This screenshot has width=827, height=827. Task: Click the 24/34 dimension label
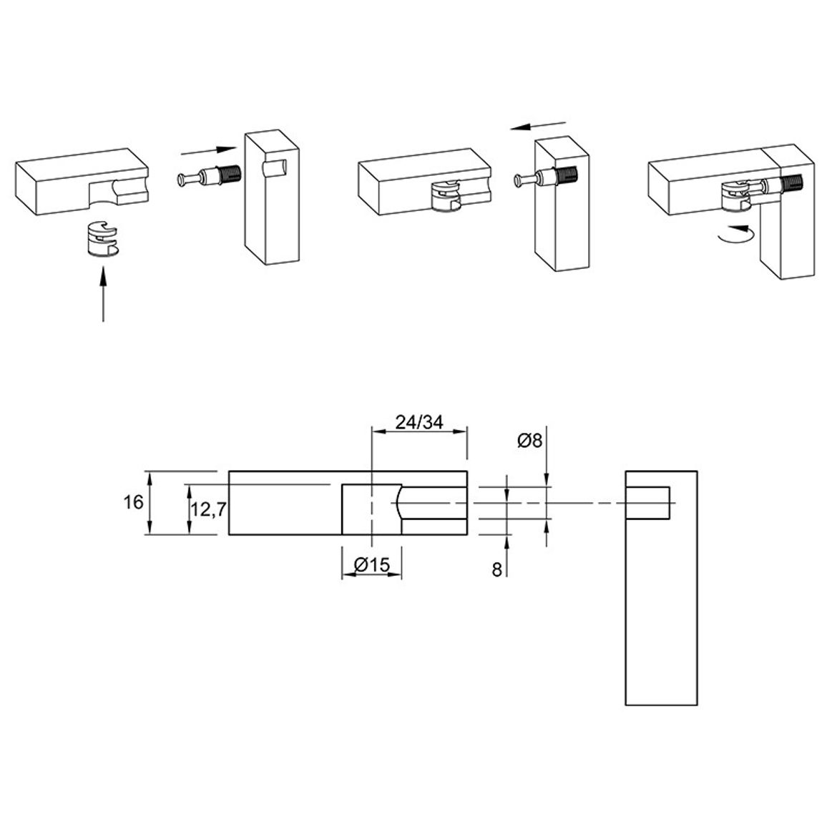pyautogui.click(x=419, y=422)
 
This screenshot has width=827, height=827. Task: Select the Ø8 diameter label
pyautogui.click(x=529, y=441)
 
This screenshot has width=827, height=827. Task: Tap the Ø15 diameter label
pyautogui.click(x=372, y=565)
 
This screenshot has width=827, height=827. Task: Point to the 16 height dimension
pyautogui.click(x=134, y=502)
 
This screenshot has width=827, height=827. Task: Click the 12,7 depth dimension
pyautogui.click(x=208, y=509)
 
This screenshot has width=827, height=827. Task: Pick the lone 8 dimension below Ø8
pyautogui.click(x=496, y=570)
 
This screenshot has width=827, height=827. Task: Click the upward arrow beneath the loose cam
pyautogui.click(x=103, y=293)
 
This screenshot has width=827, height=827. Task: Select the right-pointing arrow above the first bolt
pyautogui.click(x=208, y=151)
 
